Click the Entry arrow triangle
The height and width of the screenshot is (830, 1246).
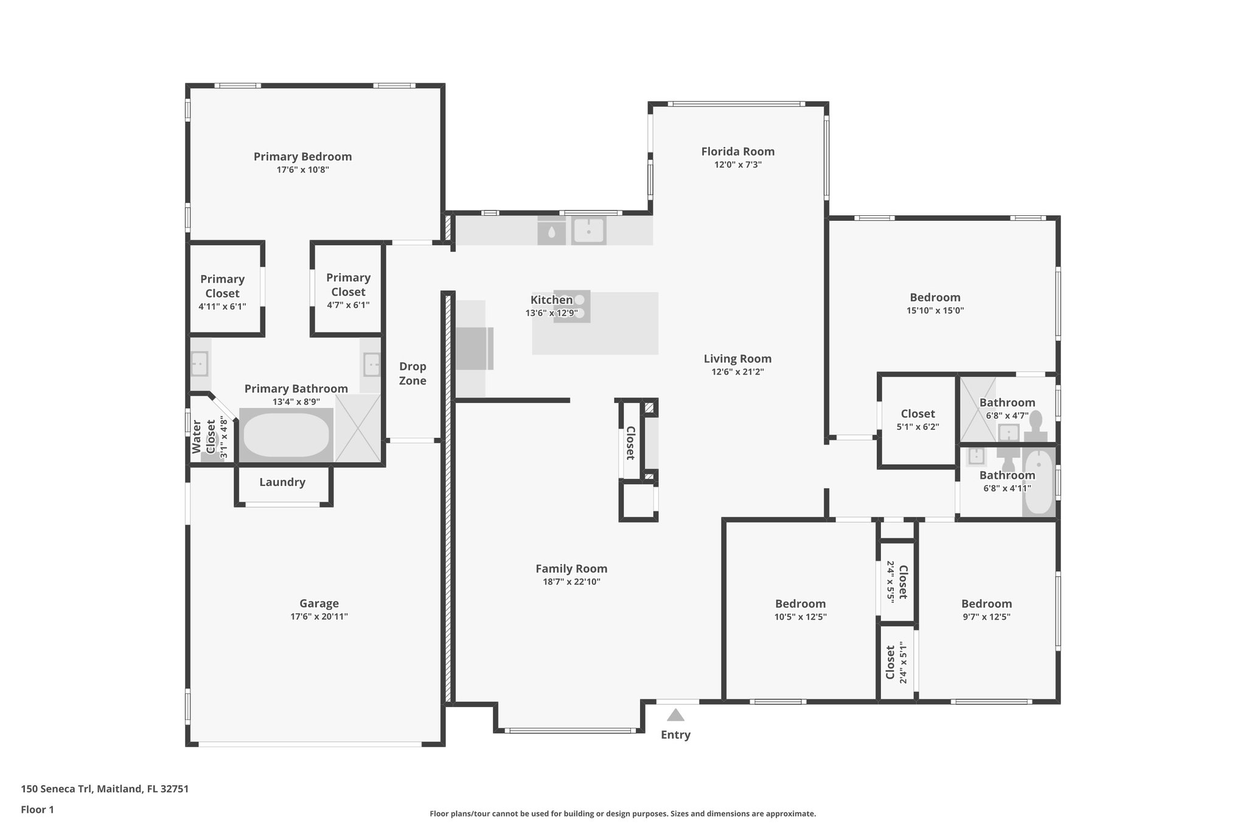[x=675, y=715]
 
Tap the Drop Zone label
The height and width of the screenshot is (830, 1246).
[x=412, y=373]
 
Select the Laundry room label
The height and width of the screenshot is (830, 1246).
[x=282, y=482]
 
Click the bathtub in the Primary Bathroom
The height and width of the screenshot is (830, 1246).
[x=286, y=435]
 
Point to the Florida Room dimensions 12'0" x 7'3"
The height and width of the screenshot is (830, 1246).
[x=738, y=165]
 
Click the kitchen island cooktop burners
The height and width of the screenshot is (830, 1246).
[x=572, y=306]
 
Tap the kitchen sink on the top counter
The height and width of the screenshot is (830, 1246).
[x=588, y=231]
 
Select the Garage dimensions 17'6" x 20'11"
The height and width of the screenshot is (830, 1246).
[x=319, y=617]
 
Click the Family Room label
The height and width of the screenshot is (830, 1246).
[x=571, y=569]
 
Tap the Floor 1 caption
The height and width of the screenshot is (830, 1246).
[x=38, y=810]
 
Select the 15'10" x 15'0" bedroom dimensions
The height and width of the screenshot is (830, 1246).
[x=935, y=311]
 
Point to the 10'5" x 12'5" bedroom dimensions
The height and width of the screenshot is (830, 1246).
[x=800, y=617]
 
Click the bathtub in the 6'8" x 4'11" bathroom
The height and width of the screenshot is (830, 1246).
[x=1039, y=482]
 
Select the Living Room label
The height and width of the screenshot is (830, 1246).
[x=737, y=359]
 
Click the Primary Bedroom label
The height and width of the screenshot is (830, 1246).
[x=303, y=156]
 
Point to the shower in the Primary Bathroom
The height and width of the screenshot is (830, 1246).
[x=358, y=428]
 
